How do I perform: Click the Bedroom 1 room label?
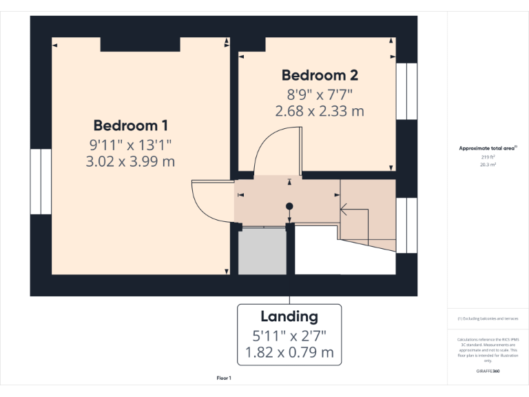(x=131, y=125)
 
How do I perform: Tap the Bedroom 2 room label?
(x=320, y=75)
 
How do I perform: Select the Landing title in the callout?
(x=289, y=317)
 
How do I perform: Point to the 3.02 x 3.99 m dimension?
(x=131, y=162)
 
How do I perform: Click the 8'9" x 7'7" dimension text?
(x=320, y=93)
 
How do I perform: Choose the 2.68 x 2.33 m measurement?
(x=320, y=110)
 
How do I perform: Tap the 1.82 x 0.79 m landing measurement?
(x=289, y=354)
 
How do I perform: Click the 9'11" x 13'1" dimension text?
(x=131, y=144)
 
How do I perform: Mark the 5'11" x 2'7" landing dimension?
(x=289, y=336)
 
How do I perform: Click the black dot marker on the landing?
(x=289, y=206)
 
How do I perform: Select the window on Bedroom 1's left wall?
(x=41, y=181)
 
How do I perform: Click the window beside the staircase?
(x=406, y=225)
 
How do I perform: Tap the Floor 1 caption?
(x=224, y=378)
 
